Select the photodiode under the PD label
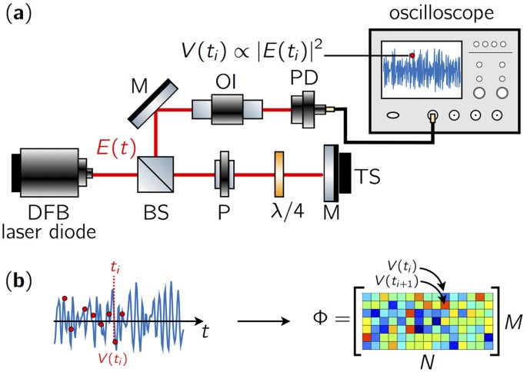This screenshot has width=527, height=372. (305, 110)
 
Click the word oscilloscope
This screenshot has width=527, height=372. (432, 14)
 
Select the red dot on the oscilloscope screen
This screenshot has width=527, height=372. (412, 55)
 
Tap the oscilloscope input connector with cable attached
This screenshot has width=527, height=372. (432, 116)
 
